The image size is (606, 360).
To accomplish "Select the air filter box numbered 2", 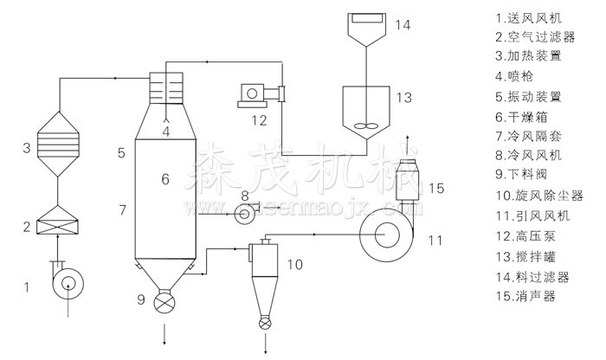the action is (57, 220).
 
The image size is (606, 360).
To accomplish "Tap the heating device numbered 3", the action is (58, 145).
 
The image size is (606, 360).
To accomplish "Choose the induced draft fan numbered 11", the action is (386, 235).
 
